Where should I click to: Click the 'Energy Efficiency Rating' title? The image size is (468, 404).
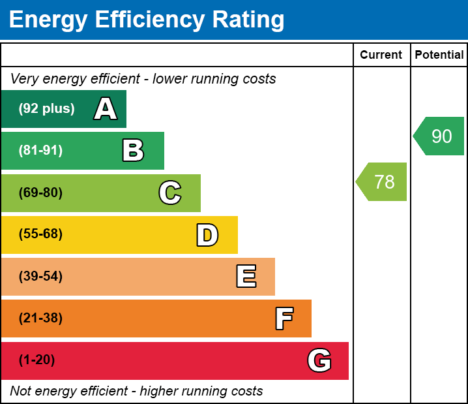146,20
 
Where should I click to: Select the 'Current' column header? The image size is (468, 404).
381,55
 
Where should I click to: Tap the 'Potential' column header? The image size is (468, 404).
439,55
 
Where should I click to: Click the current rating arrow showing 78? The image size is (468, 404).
383,181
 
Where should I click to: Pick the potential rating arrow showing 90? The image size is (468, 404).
440,136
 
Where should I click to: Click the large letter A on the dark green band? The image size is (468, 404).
105,109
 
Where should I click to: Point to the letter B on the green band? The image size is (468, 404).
133,151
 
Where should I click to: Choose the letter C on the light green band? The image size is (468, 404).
169,193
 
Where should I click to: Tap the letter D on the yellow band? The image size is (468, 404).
207,235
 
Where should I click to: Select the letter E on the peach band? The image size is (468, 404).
246,277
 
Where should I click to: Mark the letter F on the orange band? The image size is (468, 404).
284,319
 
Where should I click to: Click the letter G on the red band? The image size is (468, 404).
319,360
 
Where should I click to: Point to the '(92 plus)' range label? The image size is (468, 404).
46,109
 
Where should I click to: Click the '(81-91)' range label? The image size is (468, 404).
40,151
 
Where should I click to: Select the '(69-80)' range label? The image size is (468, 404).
40,193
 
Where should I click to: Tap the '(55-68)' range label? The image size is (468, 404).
40,234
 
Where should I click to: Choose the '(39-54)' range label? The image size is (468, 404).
40,276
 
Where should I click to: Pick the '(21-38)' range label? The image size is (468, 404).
40,319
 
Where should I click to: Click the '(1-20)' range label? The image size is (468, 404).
37,360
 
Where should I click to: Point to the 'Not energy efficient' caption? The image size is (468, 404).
136,392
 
